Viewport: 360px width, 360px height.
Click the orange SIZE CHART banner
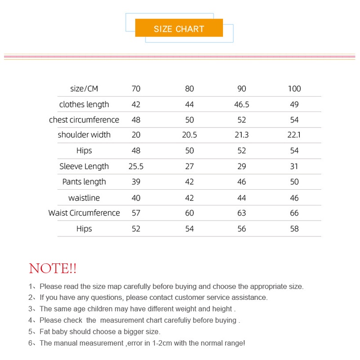coord(179,29)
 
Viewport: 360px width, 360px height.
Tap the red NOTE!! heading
coord(53,269)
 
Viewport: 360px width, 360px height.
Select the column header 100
coord(294,89)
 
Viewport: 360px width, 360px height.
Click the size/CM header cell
coord(84,89)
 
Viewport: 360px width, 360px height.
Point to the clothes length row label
coord(84,104)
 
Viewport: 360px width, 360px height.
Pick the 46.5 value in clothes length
coord(242,104)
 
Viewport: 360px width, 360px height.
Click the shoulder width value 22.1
coord(294,135)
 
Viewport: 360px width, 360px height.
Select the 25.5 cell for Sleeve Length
coord(136,166)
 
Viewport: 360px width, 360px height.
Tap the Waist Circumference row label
coord(84,213)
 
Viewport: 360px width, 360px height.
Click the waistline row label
coord(84,198)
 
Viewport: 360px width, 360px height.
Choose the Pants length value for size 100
coord(294,182)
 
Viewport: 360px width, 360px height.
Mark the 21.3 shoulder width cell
coord(242,135)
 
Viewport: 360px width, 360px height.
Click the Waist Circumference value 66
coord(294,213)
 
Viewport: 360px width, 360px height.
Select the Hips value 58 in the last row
coord(294,229)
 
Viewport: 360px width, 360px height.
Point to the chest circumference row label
coord(84,120)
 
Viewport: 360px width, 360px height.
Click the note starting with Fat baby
coord(100,332)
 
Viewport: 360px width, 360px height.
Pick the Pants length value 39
coord(136,182)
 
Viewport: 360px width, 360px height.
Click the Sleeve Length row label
coord(84,166)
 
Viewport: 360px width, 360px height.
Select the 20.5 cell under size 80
coord(190,135)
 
